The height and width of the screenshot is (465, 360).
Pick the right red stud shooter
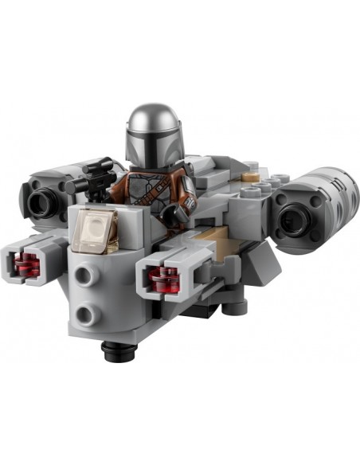coord(163,278)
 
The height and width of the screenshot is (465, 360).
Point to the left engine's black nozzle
coord(40,201)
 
